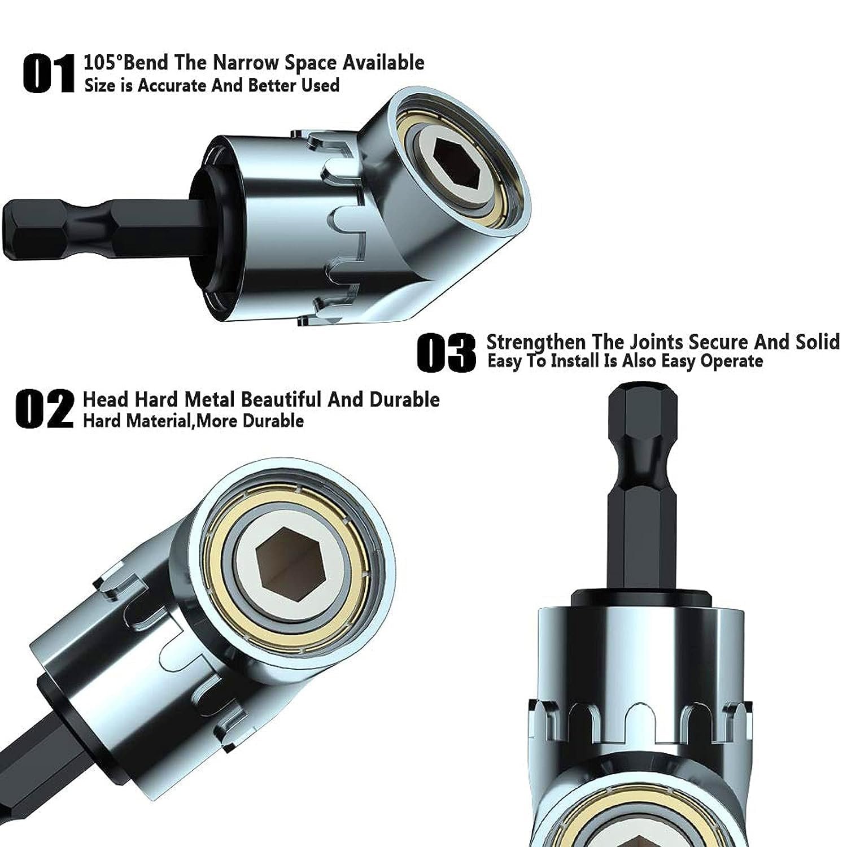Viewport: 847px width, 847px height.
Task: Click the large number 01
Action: pyautogui.click(x=49, y=73)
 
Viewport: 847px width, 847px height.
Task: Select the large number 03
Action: pyautogui.click(x=446, y=352)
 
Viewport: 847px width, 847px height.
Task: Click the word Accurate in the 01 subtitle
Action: pyautogui.click(x=172, y=85)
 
